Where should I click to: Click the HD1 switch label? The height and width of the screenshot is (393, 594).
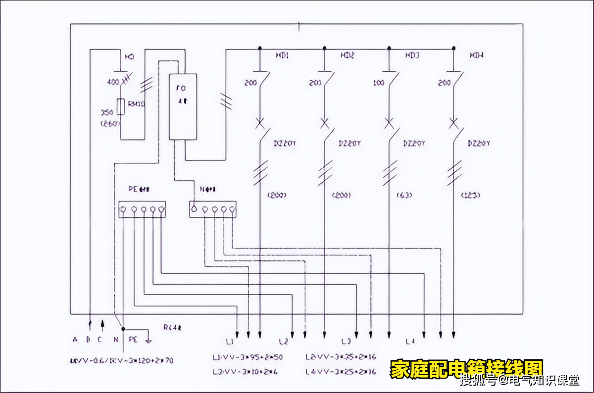282,55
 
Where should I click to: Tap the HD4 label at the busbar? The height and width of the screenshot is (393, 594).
476,55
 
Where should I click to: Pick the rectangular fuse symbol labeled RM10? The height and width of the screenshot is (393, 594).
120,107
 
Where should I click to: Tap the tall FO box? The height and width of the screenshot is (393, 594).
183,106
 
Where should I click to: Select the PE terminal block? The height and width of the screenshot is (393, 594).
142,209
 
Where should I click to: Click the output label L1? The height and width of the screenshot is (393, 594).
229,342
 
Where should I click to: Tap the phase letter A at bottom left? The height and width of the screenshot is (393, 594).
75,340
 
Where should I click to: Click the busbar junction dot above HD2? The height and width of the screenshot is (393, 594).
324,49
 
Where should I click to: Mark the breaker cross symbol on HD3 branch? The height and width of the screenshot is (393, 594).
389,122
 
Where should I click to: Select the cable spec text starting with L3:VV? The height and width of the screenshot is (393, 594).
242,371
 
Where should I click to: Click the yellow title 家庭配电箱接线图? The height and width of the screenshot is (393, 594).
466,369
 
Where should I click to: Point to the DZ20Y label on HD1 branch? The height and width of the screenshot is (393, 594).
285,144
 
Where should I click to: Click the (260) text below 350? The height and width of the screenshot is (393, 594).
110,124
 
